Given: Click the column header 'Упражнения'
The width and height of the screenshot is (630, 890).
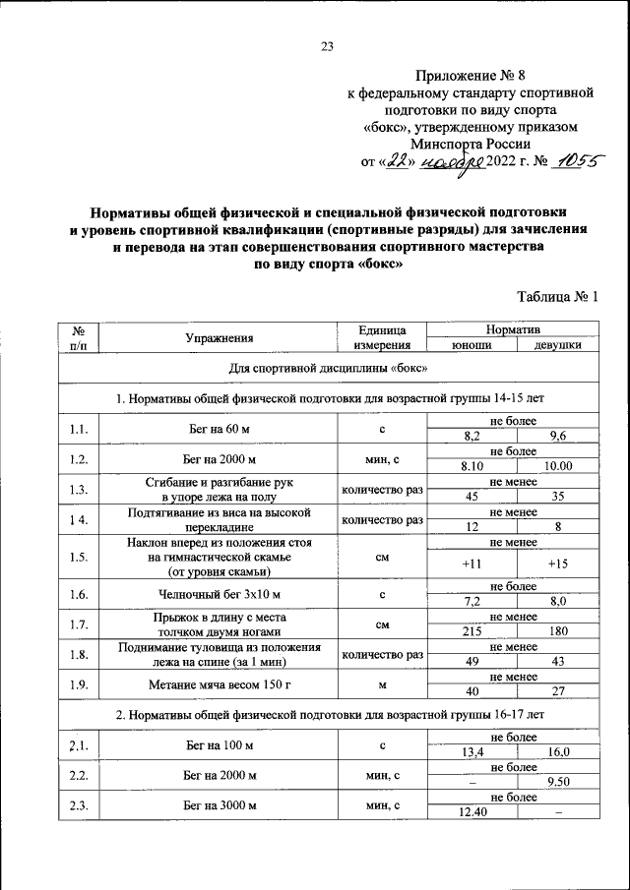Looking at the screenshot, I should point(220,337).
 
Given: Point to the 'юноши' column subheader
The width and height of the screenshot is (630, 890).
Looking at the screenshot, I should point(472,345).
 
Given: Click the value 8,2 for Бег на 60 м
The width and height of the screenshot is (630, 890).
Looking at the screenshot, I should point(472,437).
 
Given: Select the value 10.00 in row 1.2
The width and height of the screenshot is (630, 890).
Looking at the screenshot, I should point(558,466).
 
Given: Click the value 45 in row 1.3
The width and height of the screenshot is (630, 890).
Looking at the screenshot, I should point(472,496).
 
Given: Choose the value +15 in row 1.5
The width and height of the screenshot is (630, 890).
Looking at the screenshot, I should point(558,564).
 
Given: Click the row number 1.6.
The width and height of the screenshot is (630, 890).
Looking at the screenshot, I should point(80,594).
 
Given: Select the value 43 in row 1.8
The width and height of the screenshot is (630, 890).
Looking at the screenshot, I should point(558,662).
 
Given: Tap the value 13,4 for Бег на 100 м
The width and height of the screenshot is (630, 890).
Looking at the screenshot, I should point(472,752).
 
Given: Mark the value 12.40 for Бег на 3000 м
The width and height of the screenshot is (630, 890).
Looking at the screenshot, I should point(472,812).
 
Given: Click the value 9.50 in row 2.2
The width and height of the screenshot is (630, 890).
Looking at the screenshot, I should point(558,783).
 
